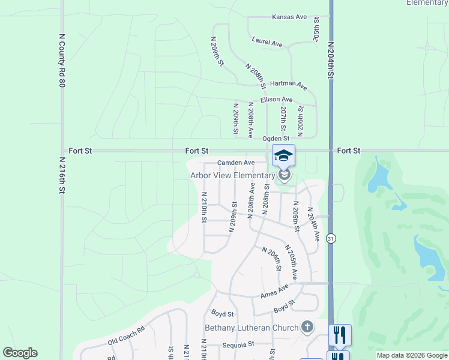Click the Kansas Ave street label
tap(289, 17)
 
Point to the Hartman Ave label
tap(288, 86)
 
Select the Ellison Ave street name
tap(276, 100)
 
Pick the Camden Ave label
tap(236, 163)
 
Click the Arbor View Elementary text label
tap(232, 175)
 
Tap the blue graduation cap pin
tap(283, 156)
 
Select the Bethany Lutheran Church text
tap(252, 328)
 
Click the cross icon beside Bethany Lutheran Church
tap(307, 327)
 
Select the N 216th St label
tap(61, 175)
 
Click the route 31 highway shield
tap(331, 238)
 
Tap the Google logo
tap(20, 353)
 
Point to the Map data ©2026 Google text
tap(411, 355)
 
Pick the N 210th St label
tap(204, 208)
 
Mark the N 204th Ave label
tap(313, 224)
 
